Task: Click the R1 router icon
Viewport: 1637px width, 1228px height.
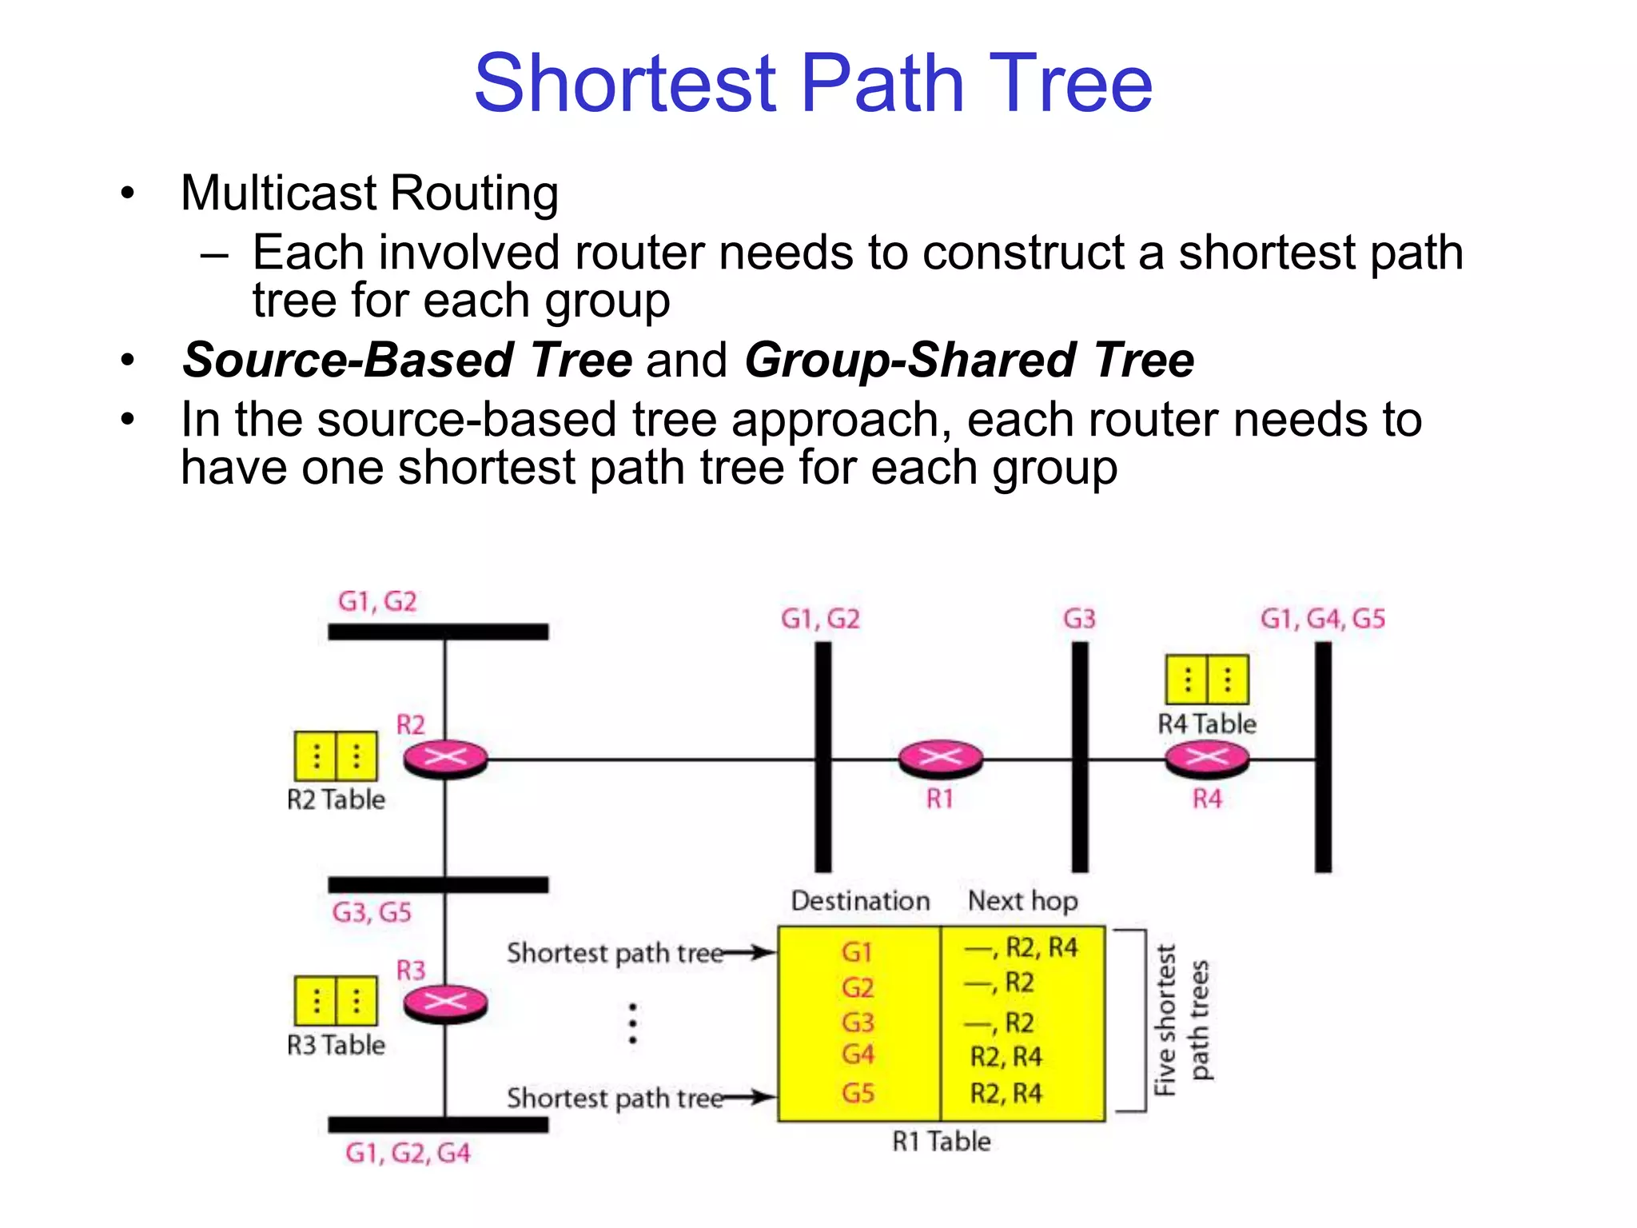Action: point(941,758)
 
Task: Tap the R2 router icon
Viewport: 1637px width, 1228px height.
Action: point(445,758)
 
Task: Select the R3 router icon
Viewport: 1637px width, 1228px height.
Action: point(445,1003)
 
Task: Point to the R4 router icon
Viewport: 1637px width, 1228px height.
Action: point(1207,758)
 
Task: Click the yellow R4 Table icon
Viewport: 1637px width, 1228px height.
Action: point(1207,680)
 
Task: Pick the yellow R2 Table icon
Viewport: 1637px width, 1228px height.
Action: point(336,756)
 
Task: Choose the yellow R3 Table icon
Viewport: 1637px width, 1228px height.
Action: point(336,1000)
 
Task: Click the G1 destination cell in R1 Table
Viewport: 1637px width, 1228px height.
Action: point(857,952)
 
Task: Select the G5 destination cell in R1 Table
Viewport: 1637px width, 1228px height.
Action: point(858,1093)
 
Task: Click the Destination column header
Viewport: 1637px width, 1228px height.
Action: point(861,901)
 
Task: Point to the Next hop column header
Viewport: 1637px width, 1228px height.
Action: point(1023,901)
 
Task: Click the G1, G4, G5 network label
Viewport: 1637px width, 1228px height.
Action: point(1323,619)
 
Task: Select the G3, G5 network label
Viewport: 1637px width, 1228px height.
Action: point(372,912)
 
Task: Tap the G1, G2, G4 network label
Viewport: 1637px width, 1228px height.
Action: point(408,1153)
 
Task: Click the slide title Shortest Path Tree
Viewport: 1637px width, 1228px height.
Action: point(813,83)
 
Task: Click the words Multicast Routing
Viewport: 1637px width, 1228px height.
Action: point(369,193)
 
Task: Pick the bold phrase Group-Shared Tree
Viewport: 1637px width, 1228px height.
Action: point(970,360)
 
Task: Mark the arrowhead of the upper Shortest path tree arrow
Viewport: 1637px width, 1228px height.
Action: point(767,952)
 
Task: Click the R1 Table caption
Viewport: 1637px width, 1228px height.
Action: point(942,1142)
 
